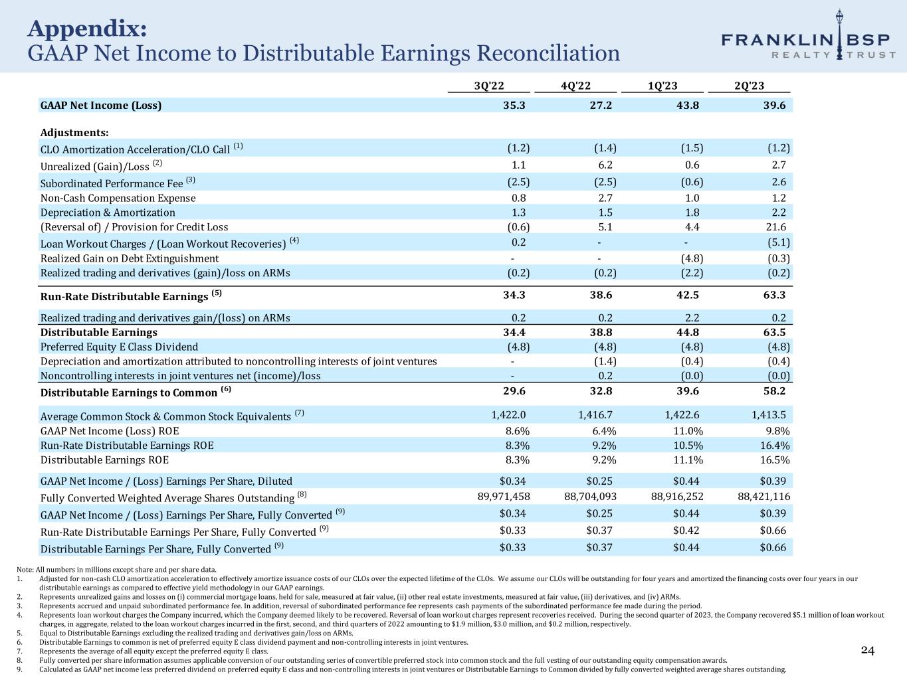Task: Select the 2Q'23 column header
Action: pyautogui.click(x=749, y=86)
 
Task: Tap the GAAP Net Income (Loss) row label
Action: pyautogui.click(x=101, y=105)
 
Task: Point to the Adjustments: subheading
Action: pyautogui.click(x=74, y=133)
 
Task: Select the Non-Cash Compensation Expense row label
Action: pyautogui.click(x=118, y=198)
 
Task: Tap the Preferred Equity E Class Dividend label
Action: pyautogui.click(x=119, y=347)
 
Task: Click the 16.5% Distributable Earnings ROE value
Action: pyautogui.click(x=774, y=460)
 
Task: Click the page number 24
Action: pyautogui.click(x=868, y=650)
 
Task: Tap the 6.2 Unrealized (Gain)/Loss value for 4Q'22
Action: pyautogui.click(x=605, y=165)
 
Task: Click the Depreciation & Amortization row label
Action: pyautogui.click(x=108, y=212)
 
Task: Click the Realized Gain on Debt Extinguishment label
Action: pyautogui.click(x=130, y=258)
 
